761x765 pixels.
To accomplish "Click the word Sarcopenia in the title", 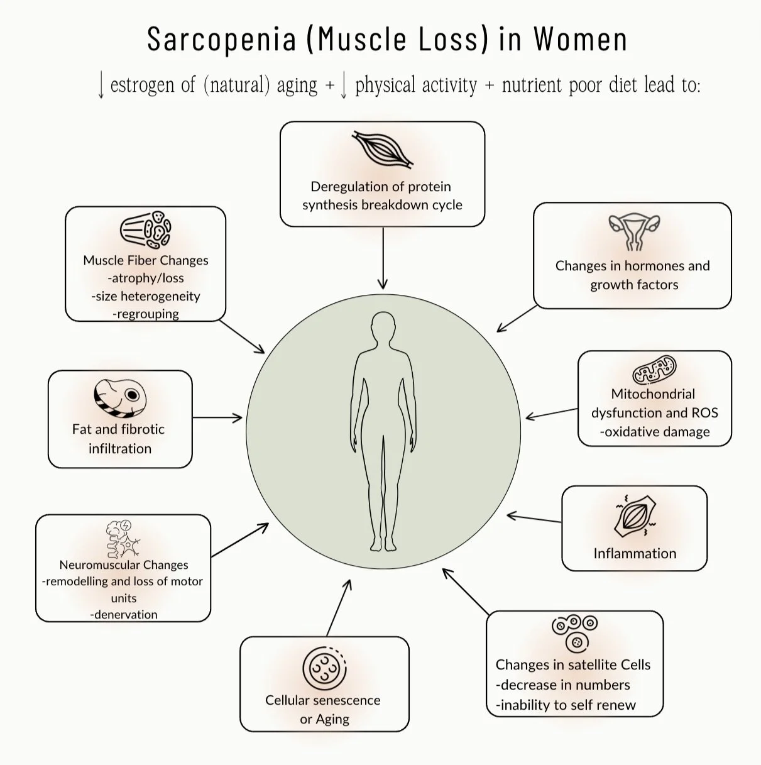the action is pyautogui.click(x=221, y=39).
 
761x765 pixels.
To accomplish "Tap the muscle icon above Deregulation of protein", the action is pyautogui.click(x=383, y=149).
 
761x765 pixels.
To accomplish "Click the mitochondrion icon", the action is pyautogui.click(x=654, y=370).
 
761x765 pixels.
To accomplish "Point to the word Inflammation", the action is pyautogui.click(x=635, y=553).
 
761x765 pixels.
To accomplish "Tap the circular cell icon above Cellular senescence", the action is pyautogui.click(x=324, y=669).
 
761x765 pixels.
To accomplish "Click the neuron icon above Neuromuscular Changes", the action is pyautogui.click(x=123, y=539).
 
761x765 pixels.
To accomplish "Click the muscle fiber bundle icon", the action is pyautogui.click(x=145, y=231).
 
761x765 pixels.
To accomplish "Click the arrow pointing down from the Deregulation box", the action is pyautogui.click(x=383, y=258).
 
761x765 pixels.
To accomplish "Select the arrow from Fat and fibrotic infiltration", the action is pyautogui.click(x=217, y=417).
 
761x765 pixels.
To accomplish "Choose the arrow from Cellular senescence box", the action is pyautogui.click(x=338, y=607).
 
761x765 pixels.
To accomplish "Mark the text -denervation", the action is pyautogui.click(x=124, y=614).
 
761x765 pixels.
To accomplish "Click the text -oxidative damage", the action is pyautogui.click(x=654, y=432).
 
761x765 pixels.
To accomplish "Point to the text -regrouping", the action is pyautogui.click(x=146, y=314).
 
